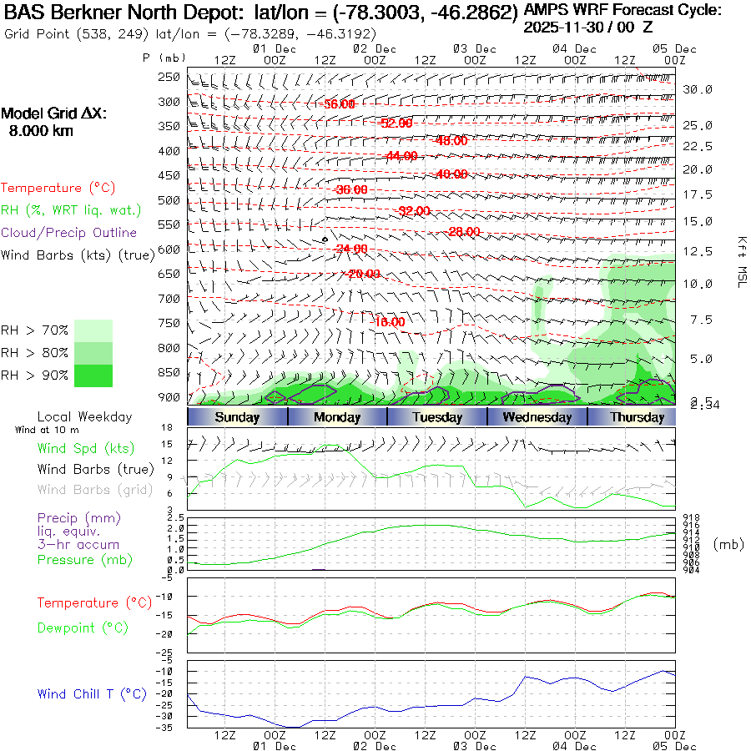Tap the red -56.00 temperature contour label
[339, 104]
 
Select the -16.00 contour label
[387, 322]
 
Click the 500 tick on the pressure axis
[169, 200]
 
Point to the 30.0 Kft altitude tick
[697, 89]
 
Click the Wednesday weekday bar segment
[537, 417]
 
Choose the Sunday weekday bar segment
[237, 417]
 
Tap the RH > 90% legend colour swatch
[93, 375]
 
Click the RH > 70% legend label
[35, 330]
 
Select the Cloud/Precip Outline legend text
[69, 233]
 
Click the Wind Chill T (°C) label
[92, 694]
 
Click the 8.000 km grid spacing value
[41, 131]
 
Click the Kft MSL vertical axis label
[740, 261]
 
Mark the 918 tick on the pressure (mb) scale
[691, 518]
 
